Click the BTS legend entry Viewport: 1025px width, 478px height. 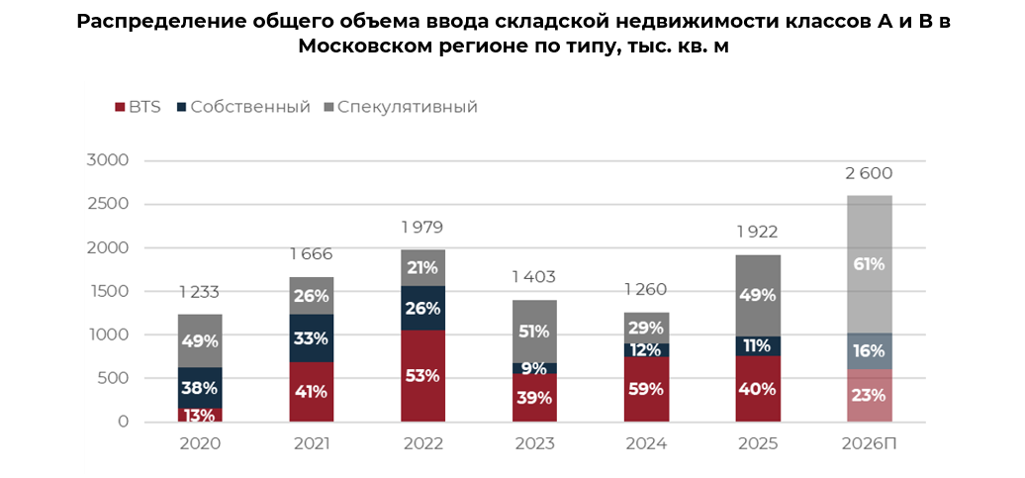click(139, 107)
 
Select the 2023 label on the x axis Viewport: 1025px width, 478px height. click(535, 443)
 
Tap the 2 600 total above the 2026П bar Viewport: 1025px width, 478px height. click(870, 174)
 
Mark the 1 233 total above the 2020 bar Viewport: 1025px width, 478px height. click(199, 292)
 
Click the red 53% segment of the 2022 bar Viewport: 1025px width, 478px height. click(423, 376)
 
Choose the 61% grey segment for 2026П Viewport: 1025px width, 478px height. click(870, 264)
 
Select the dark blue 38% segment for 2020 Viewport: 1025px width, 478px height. click(199, 389)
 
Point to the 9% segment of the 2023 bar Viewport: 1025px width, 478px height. click(535, 369)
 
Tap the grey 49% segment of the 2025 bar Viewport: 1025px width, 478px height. click(758, 295)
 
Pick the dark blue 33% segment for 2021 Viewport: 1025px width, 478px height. click(312, 338)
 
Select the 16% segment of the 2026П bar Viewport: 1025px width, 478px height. click(870, 351)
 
